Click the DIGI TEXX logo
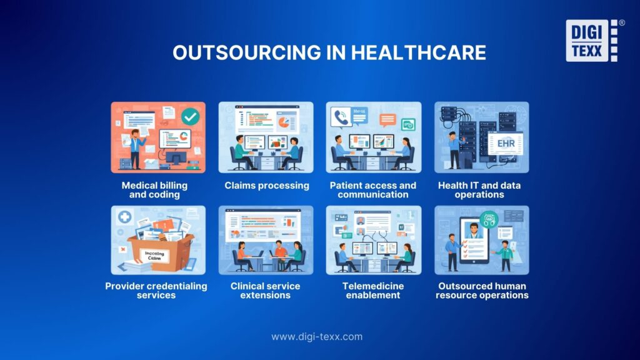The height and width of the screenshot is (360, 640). (591, 41)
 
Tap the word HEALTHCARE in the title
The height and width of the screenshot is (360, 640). (419, 52)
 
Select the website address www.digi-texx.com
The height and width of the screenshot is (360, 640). (316, 336)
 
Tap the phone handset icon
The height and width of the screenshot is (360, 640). (341, 117)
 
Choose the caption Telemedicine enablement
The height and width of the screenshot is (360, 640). (373, 290)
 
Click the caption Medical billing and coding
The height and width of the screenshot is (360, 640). (155, 189)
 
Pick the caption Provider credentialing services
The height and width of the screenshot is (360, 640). (156, 290)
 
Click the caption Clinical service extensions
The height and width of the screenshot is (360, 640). (265, 290)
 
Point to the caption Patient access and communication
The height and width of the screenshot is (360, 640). (373, 189)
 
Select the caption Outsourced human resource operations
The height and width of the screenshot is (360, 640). (482, 290)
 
